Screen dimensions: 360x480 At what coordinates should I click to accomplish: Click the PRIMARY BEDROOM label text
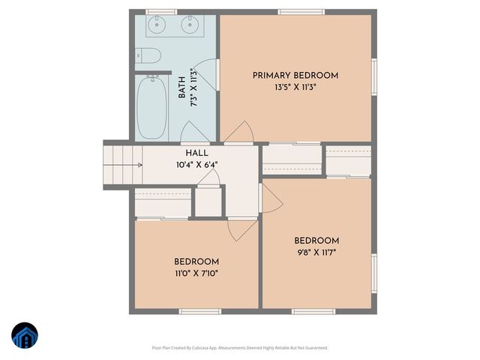[295, 75]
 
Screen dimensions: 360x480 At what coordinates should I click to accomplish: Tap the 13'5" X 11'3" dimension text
[295, 86]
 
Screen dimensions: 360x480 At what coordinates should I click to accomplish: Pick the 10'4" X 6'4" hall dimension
[197, 164]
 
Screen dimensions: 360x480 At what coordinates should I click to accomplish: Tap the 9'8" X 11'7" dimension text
[316, 252]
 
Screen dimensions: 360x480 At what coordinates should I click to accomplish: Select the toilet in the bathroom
[146, 55]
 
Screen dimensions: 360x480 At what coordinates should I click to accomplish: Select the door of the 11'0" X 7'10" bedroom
[242, 229]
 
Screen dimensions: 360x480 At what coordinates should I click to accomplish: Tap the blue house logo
[25, 337]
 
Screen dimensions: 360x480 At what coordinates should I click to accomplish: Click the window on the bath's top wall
[161, 12]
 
